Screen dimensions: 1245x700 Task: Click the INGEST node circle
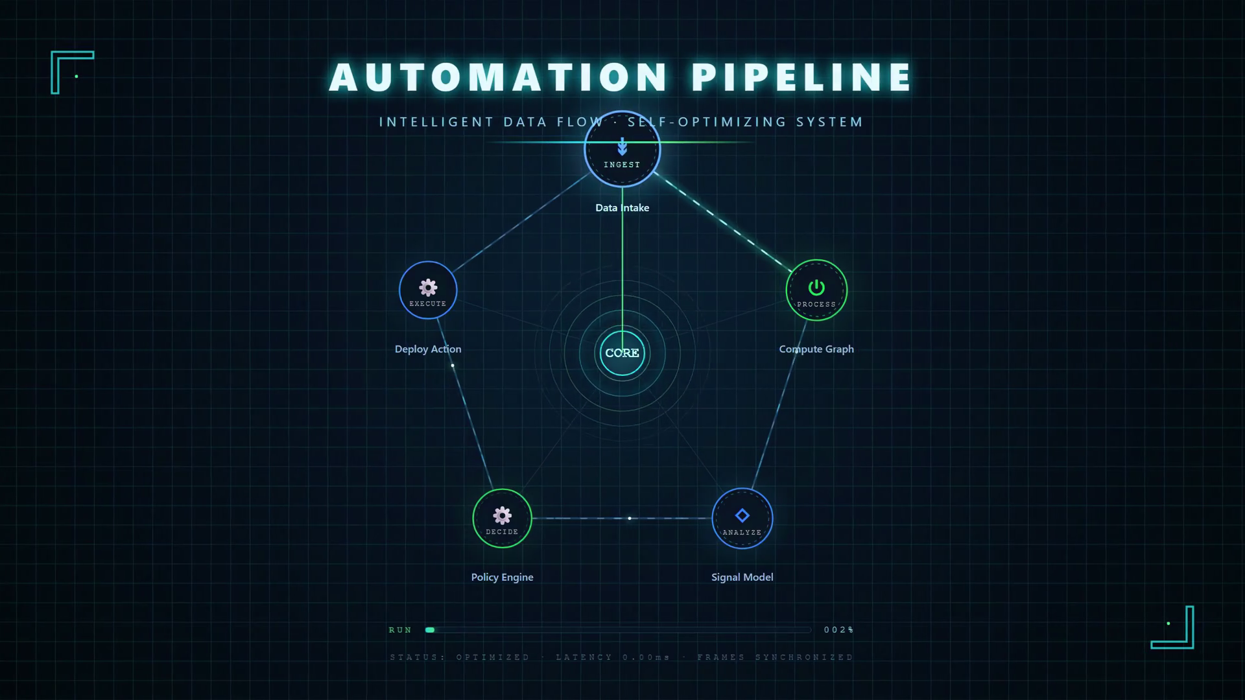pos(622,150)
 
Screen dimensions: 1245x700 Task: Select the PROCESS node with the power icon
pos(816,290)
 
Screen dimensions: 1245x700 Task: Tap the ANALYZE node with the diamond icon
pos(742,519)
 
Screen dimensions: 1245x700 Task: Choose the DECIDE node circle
pos(502,519)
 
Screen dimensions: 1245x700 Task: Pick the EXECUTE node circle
pos(428,290)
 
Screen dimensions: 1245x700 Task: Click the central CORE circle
pos(622,353)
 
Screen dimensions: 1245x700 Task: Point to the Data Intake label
pos(622,207)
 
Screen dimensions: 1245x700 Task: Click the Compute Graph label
pos(816,349)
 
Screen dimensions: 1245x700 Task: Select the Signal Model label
pos(742,577)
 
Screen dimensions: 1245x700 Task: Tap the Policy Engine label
pos(503,577)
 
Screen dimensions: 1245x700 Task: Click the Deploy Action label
pos(428,349)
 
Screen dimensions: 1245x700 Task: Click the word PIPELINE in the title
pos(802,77)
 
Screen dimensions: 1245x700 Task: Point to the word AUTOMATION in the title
pos(499,77)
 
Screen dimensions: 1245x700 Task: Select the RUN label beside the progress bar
pos(400,630)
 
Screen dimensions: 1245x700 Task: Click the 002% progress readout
pos(839,630)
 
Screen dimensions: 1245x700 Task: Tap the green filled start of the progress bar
pos(430,630)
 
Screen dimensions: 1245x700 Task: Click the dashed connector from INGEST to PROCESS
pos(724,222)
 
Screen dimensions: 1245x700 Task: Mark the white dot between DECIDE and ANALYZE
pos(630,519)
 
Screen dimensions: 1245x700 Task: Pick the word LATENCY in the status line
pos(584,657)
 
